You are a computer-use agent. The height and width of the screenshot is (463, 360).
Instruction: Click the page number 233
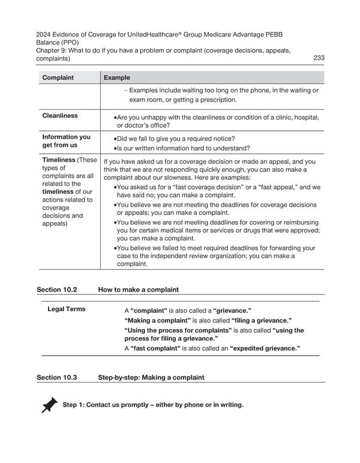(319, 58)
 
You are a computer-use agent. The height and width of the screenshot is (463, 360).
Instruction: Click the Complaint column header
(58, 77)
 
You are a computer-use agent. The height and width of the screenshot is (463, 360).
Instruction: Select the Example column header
(116, 77)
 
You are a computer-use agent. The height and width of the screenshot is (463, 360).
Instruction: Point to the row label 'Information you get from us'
(66, 141)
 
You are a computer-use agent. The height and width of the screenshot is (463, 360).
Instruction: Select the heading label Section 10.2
(57, 289)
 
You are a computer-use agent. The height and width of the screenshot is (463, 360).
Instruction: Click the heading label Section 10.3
(57, 378)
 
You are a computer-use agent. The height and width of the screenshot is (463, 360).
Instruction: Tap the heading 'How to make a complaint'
(138, 289)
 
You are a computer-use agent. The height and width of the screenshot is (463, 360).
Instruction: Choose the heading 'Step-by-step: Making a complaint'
(151, 378)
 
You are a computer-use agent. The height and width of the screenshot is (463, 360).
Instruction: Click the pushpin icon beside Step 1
(50, 405)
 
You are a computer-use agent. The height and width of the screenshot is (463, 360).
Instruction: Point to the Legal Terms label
(66, 309)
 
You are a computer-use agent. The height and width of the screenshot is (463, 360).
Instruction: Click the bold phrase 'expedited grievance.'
(265, 348)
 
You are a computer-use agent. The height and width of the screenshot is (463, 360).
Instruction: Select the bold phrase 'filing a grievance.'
(262, 321)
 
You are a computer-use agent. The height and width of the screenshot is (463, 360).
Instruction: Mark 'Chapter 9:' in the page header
(52, 50)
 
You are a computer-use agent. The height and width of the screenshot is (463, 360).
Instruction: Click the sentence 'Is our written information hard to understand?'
(184, 148)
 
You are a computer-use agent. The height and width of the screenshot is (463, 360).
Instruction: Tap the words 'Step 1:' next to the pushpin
(73, 405)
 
